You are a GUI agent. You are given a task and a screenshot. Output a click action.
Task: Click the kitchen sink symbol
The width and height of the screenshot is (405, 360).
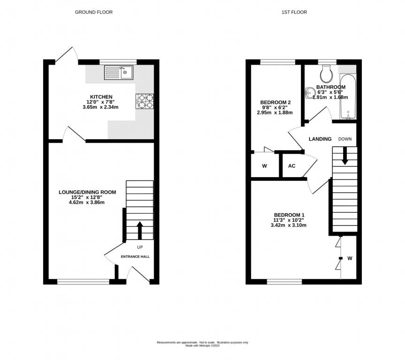(x=119, y=72)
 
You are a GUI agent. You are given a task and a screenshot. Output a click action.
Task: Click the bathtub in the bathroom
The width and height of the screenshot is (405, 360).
(x=348, y=97)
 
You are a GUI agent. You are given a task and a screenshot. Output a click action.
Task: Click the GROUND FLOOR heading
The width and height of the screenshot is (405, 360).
(x=94, y=12)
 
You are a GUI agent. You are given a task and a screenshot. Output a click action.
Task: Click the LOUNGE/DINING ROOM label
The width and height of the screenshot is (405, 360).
(x=87, y=192)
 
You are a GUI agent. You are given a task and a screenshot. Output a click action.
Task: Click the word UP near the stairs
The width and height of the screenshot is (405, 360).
(x=140, y=247)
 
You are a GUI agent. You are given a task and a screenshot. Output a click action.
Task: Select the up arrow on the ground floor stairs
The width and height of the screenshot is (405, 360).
(x=140, y=230)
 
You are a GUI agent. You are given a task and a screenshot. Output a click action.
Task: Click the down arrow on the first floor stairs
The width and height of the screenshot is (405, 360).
(x=345, y=156)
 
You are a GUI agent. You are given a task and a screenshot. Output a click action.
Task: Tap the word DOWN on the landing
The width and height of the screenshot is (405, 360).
(x=345, y=139)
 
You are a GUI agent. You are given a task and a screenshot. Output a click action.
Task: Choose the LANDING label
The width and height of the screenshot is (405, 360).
(x=320, y=139)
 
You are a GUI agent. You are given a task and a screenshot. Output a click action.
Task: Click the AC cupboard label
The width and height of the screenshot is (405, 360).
(x=292, y=166)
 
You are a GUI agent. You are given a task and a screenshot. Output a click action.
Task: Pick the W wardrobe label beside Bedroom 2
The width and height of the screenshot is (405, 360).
(x=264, y=166)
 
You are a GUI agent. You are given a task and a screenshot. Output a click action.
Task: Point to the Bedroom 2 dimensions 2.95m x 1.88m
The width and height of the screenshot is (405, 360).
(x=275, y=112)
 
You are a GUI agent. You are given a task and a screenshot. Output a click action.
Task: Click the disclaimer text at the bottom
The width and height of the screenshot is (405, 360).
(x=202, y=344)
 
